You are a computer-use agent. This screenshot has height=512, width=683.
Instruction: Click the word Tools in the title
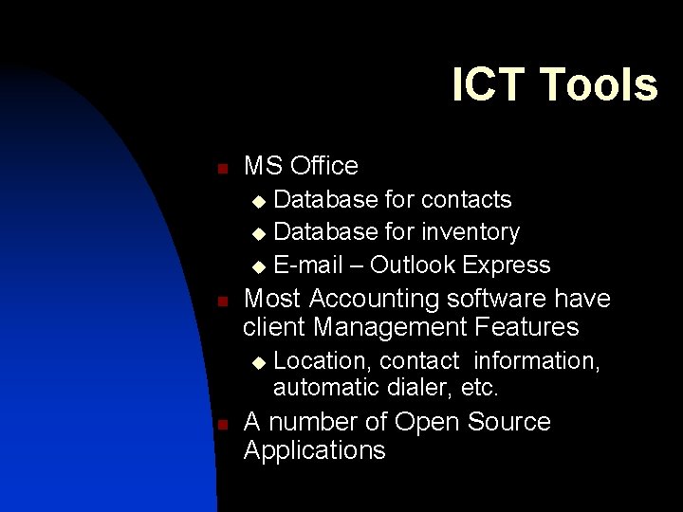click(599, 84)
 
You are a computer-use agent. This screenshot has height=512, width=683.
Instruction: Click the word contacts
click(466, 200)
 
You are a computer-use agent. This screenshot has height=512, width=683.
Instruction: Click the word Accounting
click(369, 300)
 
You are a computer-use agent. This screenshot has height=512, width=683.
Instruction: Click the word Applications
click(314, 450)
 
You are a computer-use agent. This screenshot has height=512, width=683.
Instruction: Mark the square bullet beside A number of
click(220, 426)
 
